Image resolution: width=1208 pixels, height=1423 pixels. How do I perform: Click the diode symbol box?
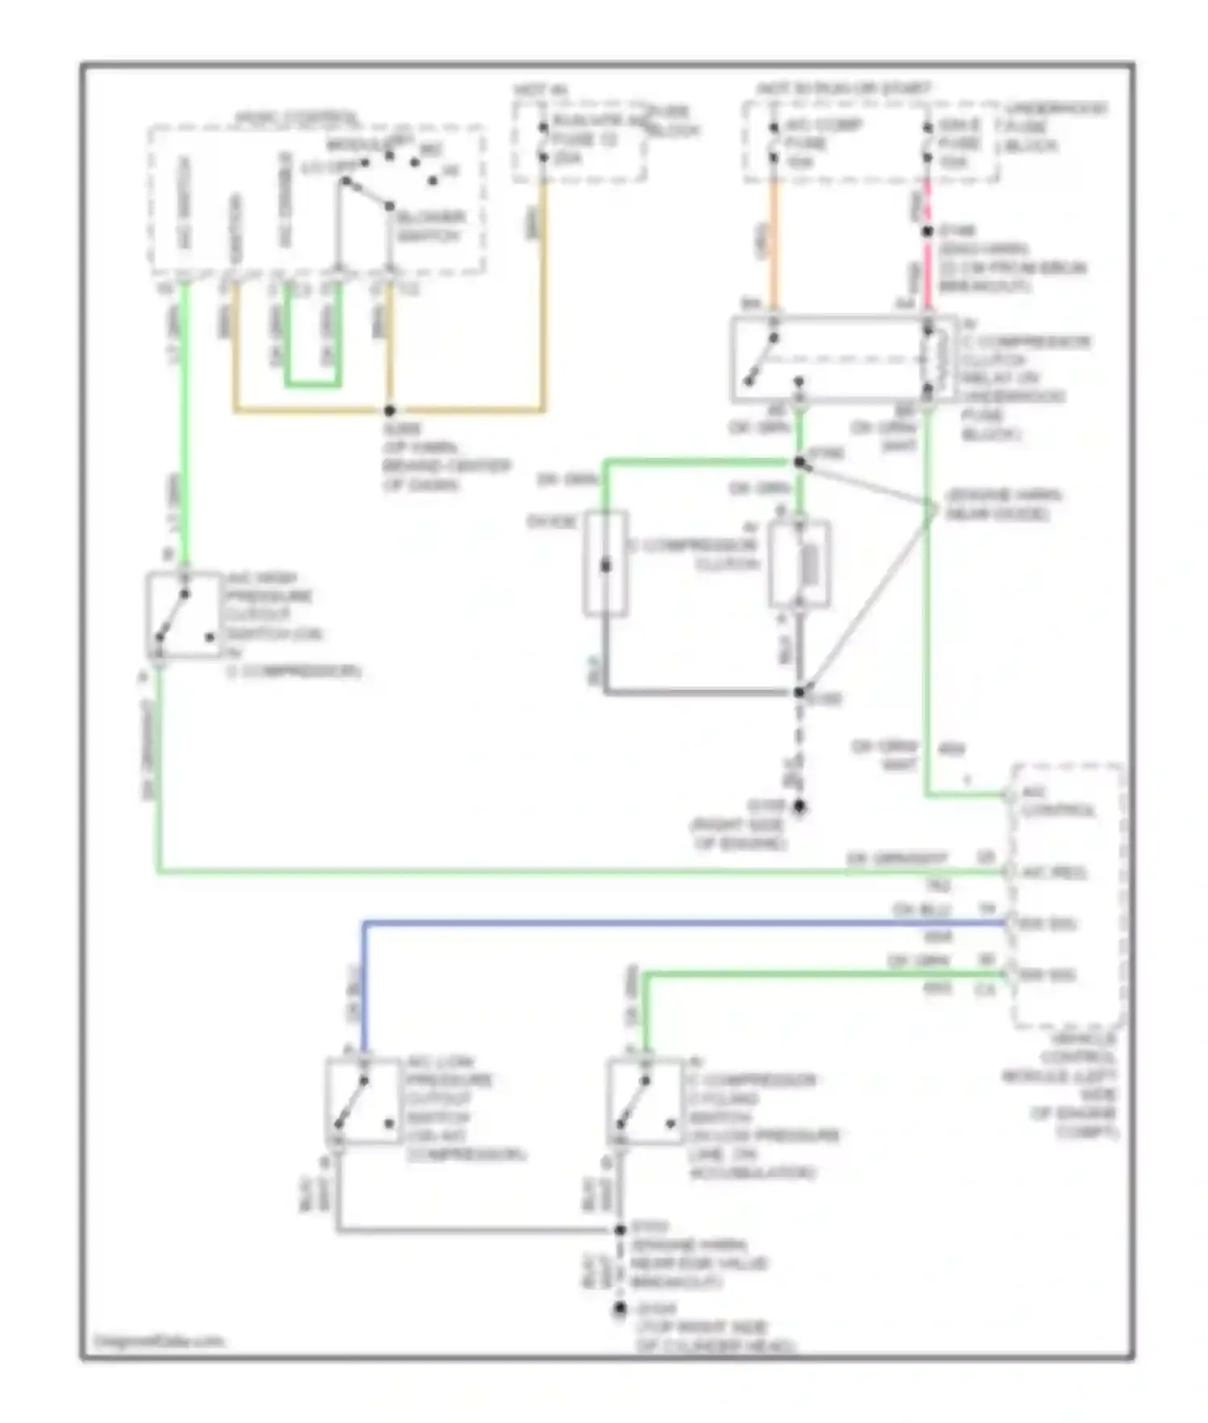605,564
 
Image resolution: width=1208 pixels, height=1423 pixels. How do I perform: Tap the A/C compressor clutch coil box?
799,564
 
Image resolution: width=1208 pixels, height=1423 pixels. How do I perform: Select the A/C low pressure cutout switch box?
363,1100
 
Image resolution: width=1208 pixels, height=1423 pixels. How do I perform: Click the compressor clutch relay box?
842,359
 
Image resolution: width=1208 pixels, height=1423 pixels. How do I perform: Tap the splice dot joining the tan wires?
390,410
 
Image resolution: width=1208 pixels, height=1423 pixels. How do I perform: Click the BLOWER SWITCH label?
429,226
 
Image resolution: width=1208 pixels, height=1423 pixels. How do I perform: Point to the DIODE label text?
552,522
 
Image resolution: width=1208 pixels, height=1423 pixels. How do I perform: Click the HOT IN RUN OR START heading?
843,88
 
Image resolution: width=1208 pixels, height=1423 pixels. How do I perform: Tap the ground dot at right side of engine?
799,806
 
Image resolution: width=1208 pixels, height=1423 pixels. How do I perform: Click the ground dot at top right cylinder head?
619,1309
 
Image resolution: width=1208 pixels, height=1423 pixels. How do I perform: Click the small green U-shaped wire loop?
313,384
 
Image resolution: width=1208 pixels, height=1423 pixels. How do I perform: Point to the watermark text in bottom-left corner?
160,1342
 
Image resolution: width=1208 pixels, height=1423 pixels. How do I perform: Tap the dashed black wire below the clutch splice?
799,749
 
